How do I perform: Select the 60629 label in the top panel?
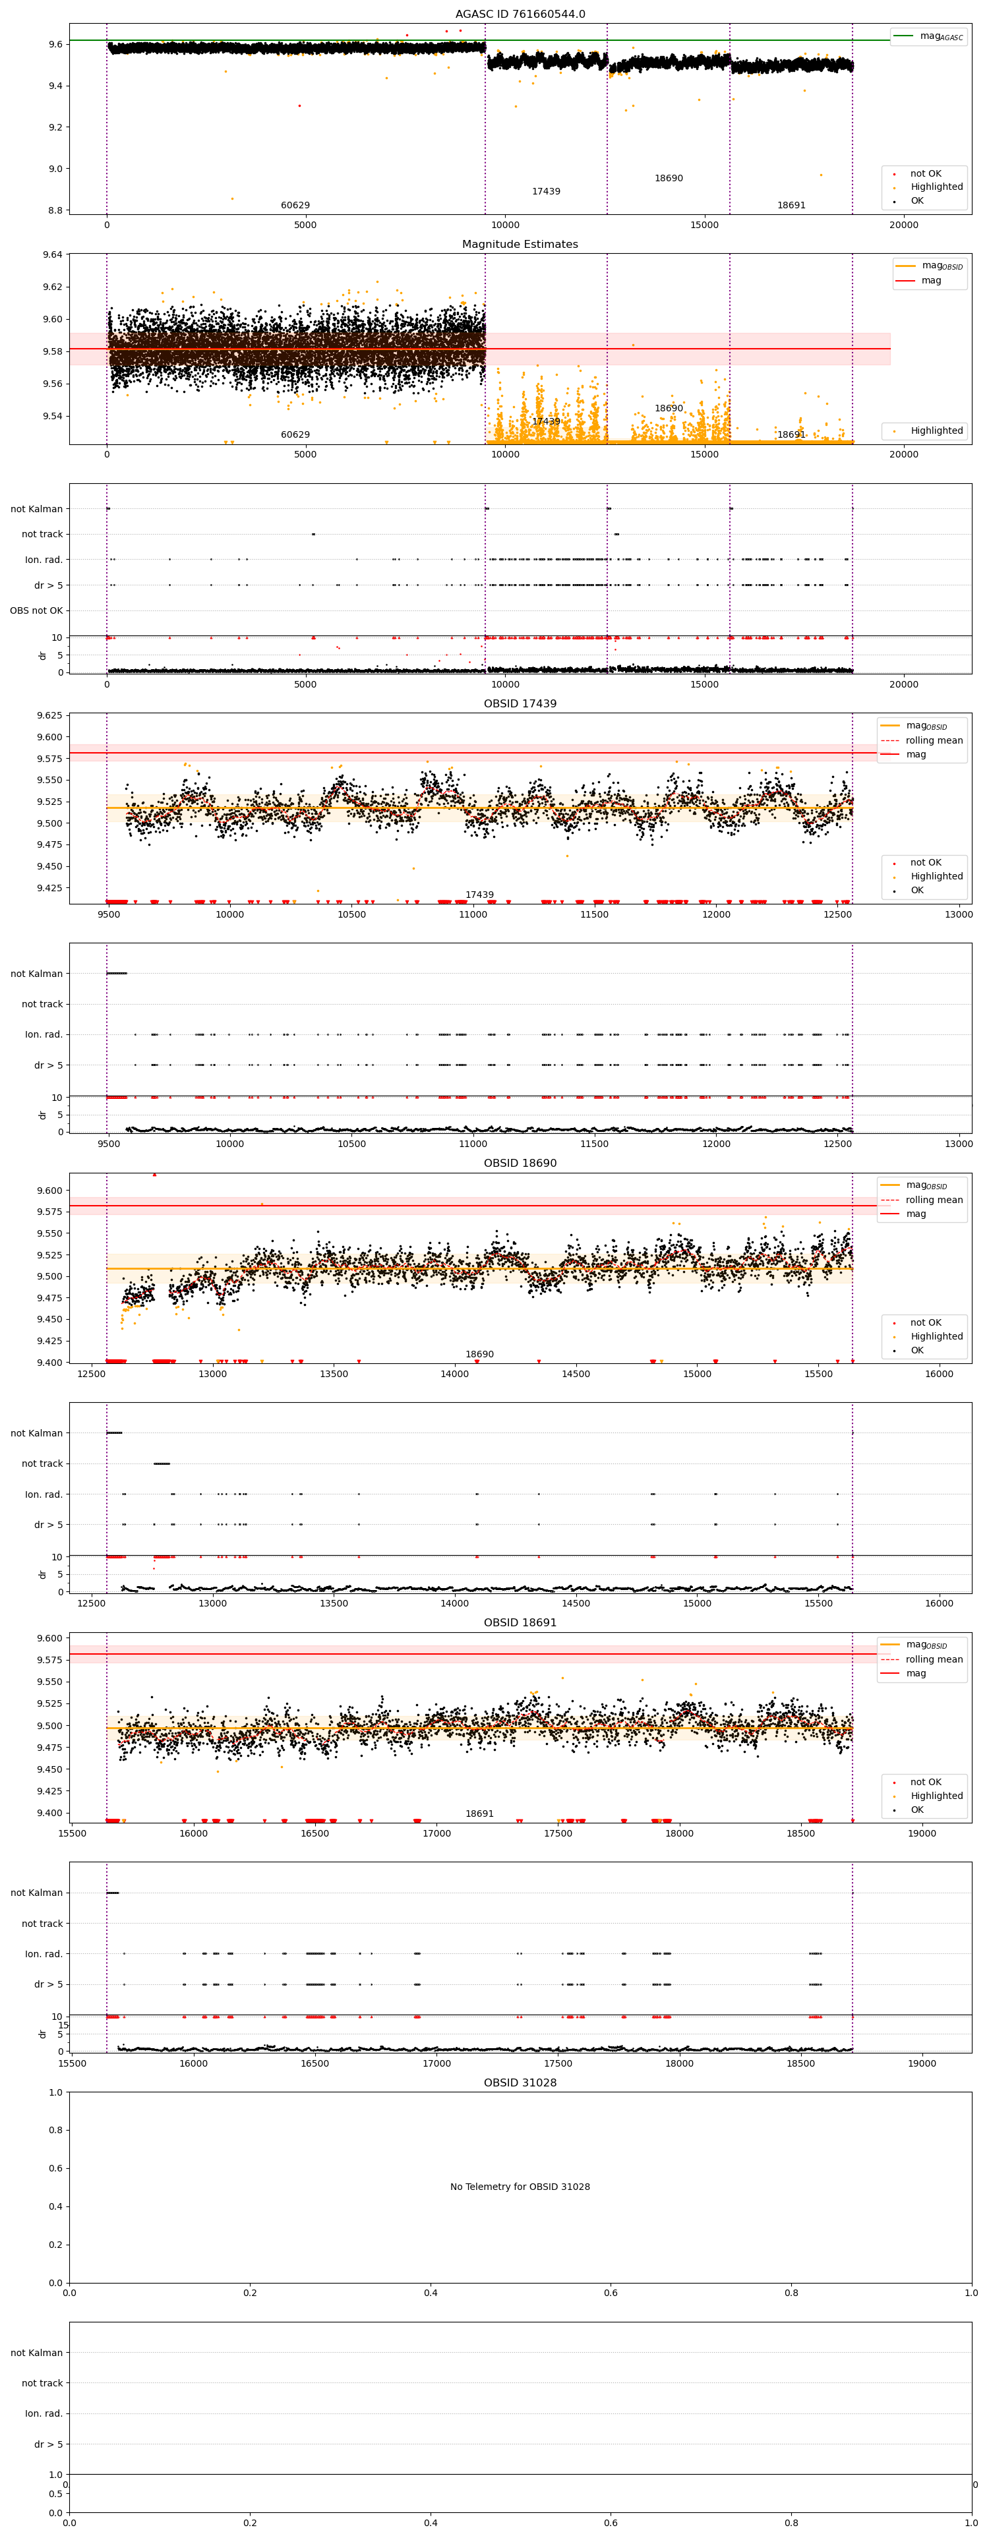click(295, 206)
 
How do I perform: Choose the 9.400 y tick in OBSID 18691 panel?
click(45, 1813)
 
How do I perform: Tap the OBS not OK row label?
click(36, 611)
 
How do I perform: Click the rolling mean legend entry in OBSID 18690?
click(934, 1200)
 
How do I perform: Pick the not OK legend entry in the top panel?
click(925, 173)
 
